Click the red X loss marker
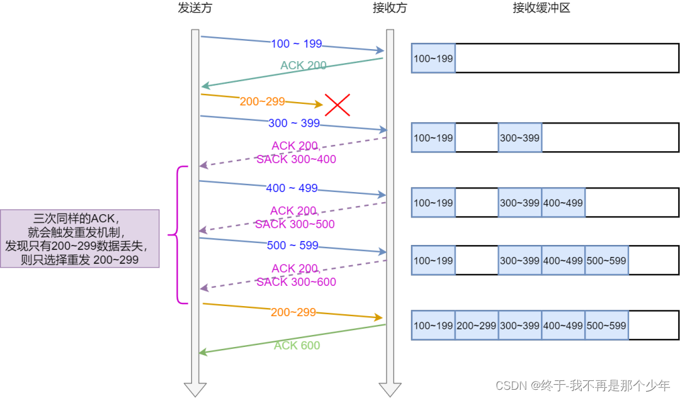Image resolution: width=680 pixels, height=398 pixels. pos(337,105)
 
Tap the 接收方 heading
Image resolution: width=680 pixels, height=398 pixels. pos(390,8)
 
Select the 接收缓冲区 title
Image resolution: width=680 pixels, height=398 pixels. pos(541,8)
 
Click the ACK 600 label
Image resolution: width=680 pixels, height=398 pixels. pos(297,345)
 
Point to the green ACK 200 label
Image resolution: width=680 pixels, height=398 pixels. pos(303,65)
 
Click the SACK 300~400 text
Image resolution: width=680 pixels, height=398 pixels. pos(296,160)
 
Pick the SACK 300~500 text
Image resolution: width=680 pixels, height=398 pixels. pos(295,224)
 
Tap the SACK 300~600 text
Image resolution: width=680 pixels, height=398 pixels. pos(296,282)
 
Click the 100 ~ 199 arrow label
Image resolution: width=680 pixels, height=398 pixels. pos(297,44)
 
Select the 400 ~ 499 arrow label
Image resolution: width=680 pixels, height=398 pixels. pos(292,188)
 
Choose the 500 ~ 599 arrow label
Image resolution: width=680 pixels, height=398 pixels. pos(293,246)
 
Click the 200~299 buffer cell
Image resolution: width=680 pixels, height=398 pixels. pos(477,326)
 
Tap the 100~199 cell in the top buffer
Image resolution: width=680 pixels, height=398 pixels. pos(433,59)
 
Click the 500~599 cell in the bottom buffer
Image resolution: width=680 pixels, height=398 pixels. pos(606,326)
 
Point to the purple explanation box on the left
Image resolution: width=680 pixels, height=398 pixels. pos(79,239)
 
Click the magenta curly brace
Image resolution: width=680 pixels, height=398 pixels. pos(179,235)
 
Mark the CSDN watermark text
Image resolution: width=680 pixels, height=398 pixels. pos(582,385)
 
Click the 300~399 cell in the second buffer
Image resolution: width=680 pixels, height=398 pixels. pos(519,138)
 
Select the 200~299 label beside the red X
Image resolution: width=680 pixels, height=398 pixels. pos(263,101)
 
